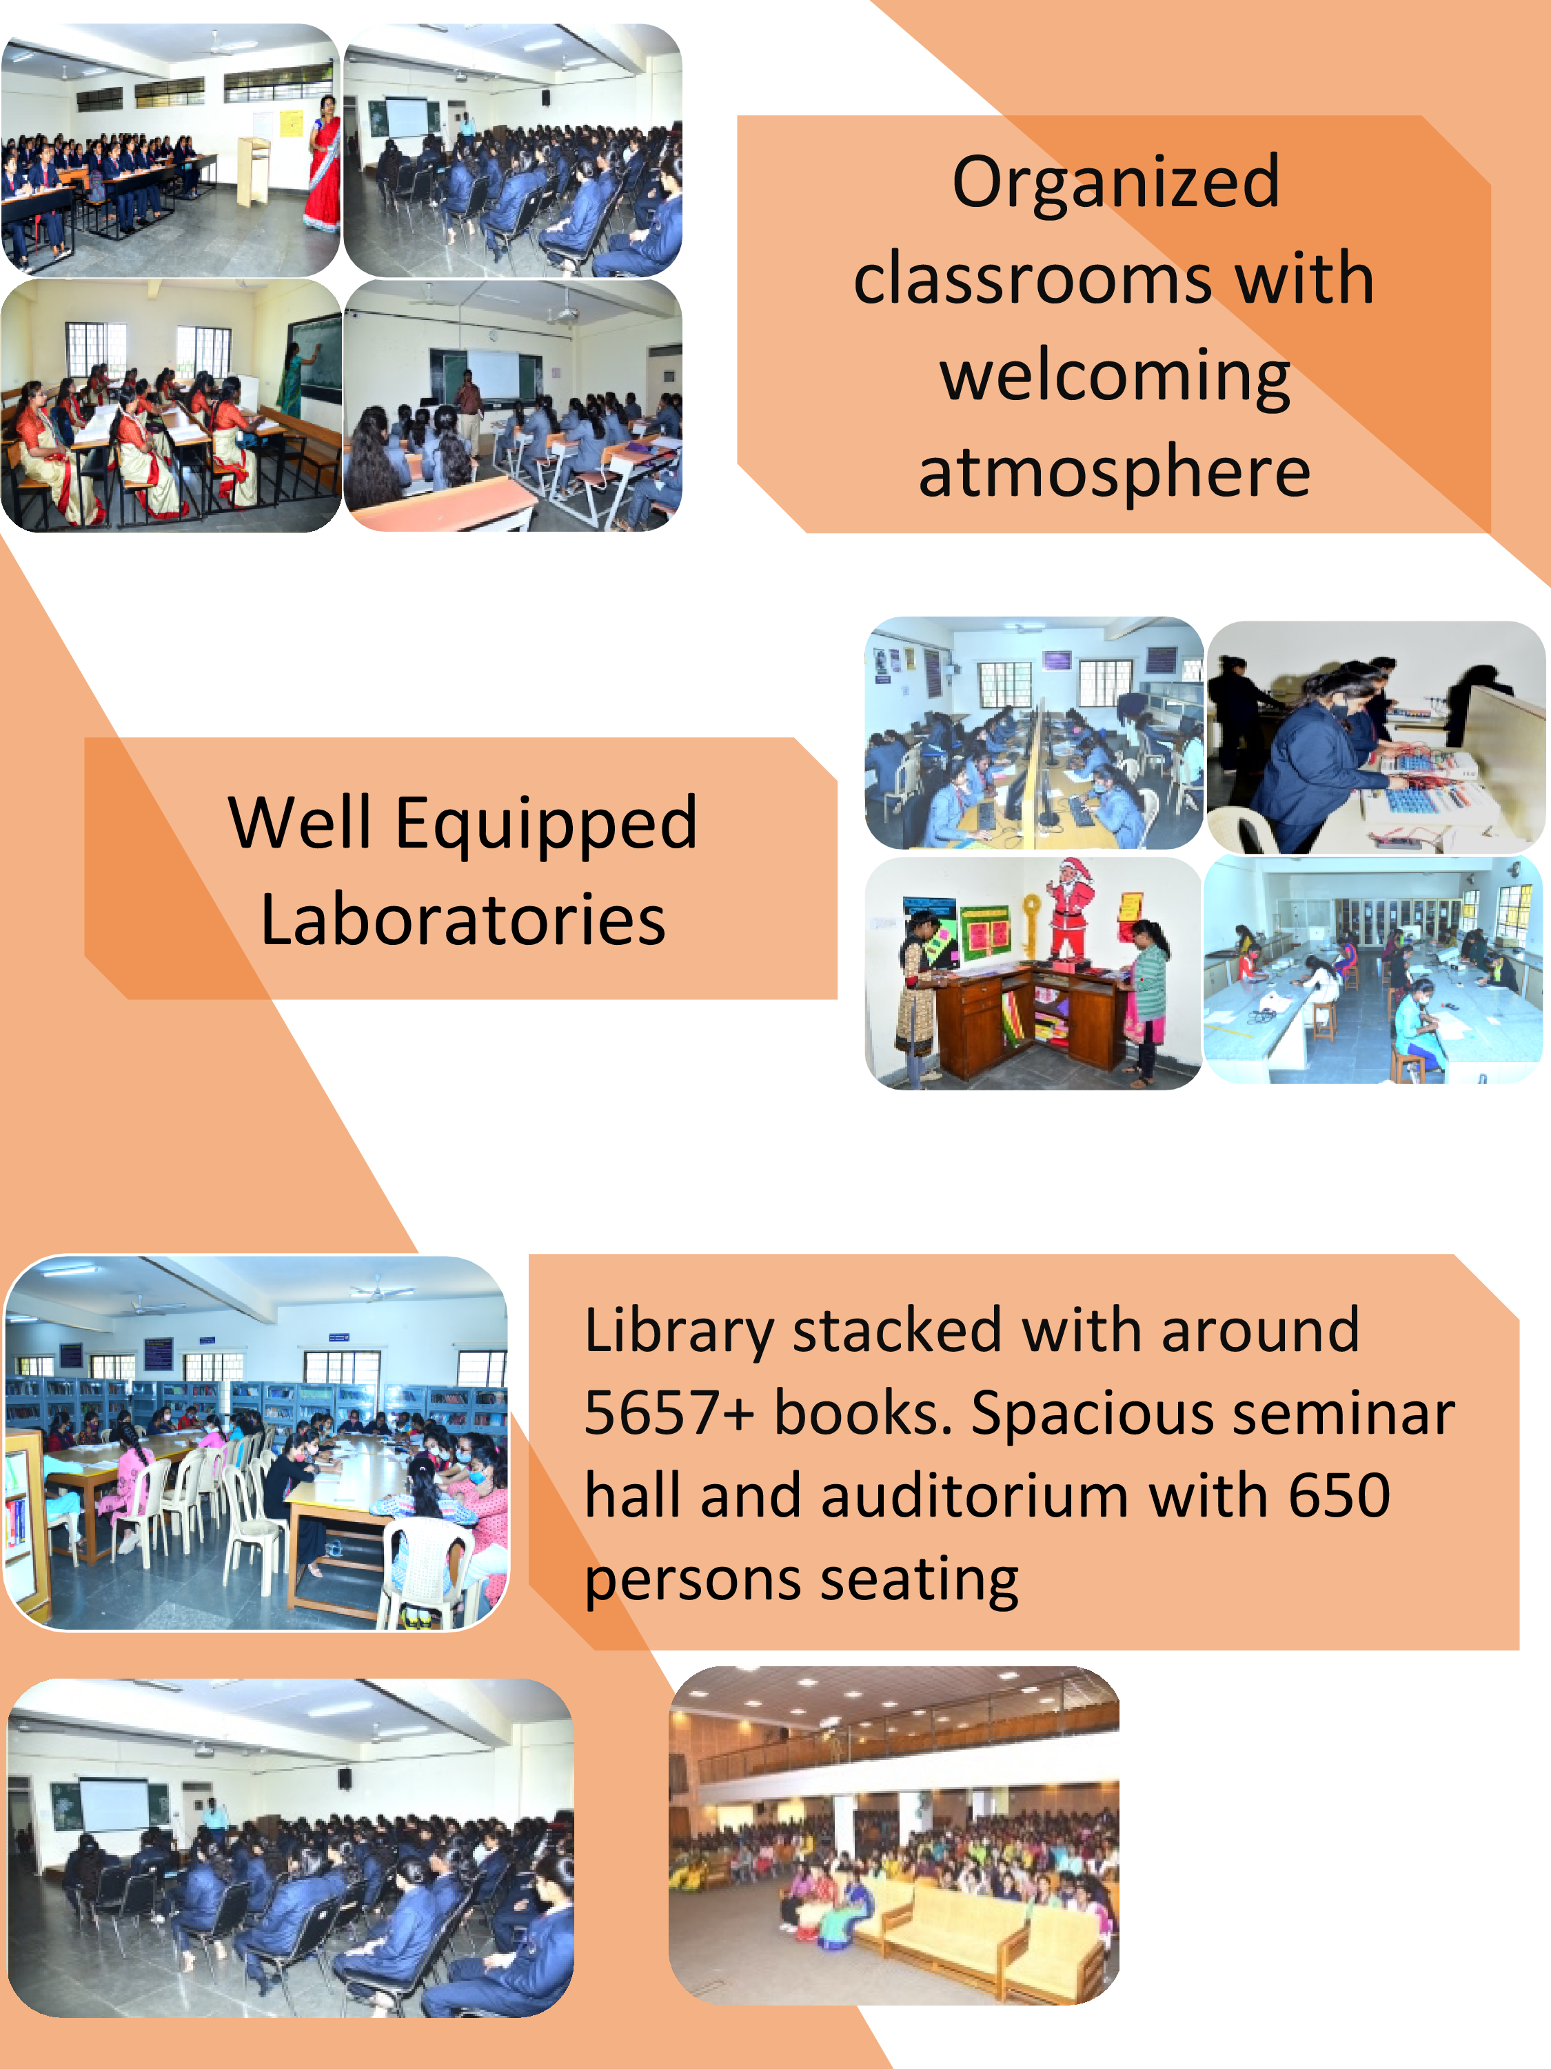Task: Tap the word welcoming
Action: pos(1115,377)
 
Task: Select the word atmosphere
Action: pos(1115,473)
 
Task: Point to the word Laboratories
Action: pos(463,921)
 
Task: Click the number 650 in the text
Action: pos(1339,1495)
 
